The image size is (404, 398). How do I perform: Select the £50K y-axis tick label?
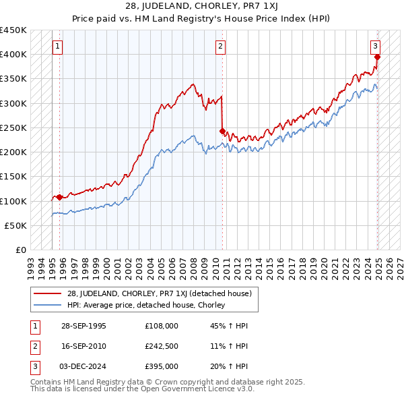coord(16,225)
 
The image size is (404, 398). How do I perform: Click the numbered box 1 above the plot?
coord(58,47)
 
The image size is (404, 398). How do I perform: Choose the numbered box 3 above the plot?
coord(375,47)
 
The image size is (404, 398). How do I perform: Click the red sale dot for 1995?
coord(60,197)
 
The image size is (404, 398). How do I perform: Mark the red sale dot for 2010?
coord(223,131)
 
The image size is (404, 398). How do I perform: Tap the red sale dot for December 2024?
coord(377,57)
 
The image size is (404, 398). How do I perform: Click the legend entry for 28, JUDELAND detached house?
coord(158,293)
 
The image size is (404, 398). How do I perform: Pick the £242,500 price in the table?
coord(162,345)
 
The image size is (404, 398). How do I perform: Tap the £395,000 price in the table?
coord(162,366)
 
